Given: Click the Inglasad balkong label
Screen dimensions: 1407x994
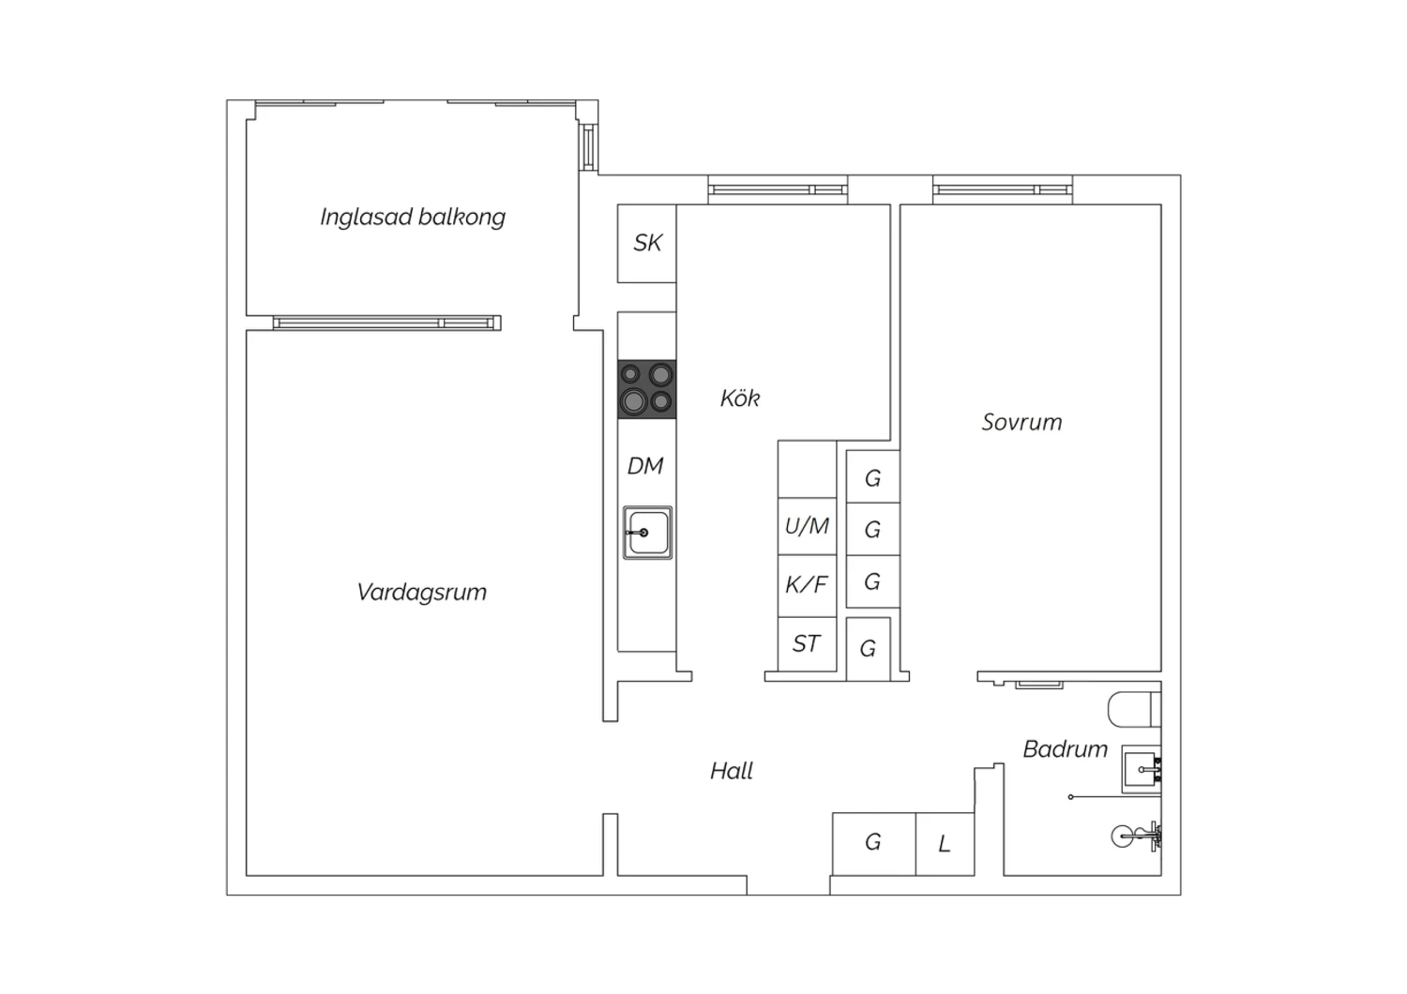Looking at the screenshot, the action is coord(413,218).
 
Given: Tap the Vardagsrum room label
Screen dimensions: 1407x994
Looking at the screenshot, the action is coord(421,592).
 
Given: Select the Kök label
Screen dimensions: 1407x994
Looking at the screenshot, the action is coord(740,399).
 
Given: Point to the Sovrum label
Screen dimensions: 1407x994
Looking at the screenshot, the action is coord(1022,422).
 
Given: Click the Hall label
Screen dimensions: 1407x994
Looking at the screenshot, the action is coord(731,771).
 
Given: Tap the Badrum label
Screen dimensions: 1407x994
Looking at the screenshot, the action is coord(1066,749).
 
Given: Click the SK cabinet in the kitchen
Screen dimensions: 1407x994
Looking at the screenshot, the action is coord(646,243).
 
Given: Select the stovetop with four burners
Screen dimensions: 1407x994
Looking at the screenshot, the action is coord(647,389).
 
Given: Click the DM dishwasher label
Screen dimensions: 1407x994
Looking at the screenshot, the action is coord(645,466).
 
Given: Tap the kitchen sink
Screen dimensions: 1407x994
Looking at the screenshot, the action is coord(647,533).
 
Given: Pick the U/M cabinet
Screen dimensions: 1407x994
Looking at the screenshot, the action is coord(807,526).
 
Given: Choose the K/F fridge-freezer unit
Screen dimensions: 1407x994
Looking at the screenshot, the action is coord(807,585).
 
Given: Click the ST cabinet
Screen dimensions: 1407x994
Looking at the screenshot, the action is coord(807,644).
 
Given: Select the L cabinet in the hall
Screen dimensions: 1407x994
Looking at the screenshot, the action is coord(945,844).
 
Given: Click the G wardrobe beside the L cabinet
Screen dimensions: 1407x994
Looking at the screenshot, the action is coord(873,844).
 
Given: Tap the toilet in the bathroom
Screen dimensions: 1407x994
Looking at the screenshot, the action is coord(1134,710).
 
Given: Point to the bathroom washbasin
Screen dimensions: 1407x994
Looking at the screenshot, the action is coord(1142,770).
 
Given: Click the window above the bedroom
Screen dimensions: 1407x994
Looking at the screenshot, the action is coord(1003,189).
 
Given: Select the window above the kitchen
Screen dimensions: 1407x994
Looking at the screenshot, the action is coord(778,189).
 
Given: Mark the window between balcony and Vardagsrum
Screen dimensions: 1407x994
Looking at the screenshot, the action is coord(386,323).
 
